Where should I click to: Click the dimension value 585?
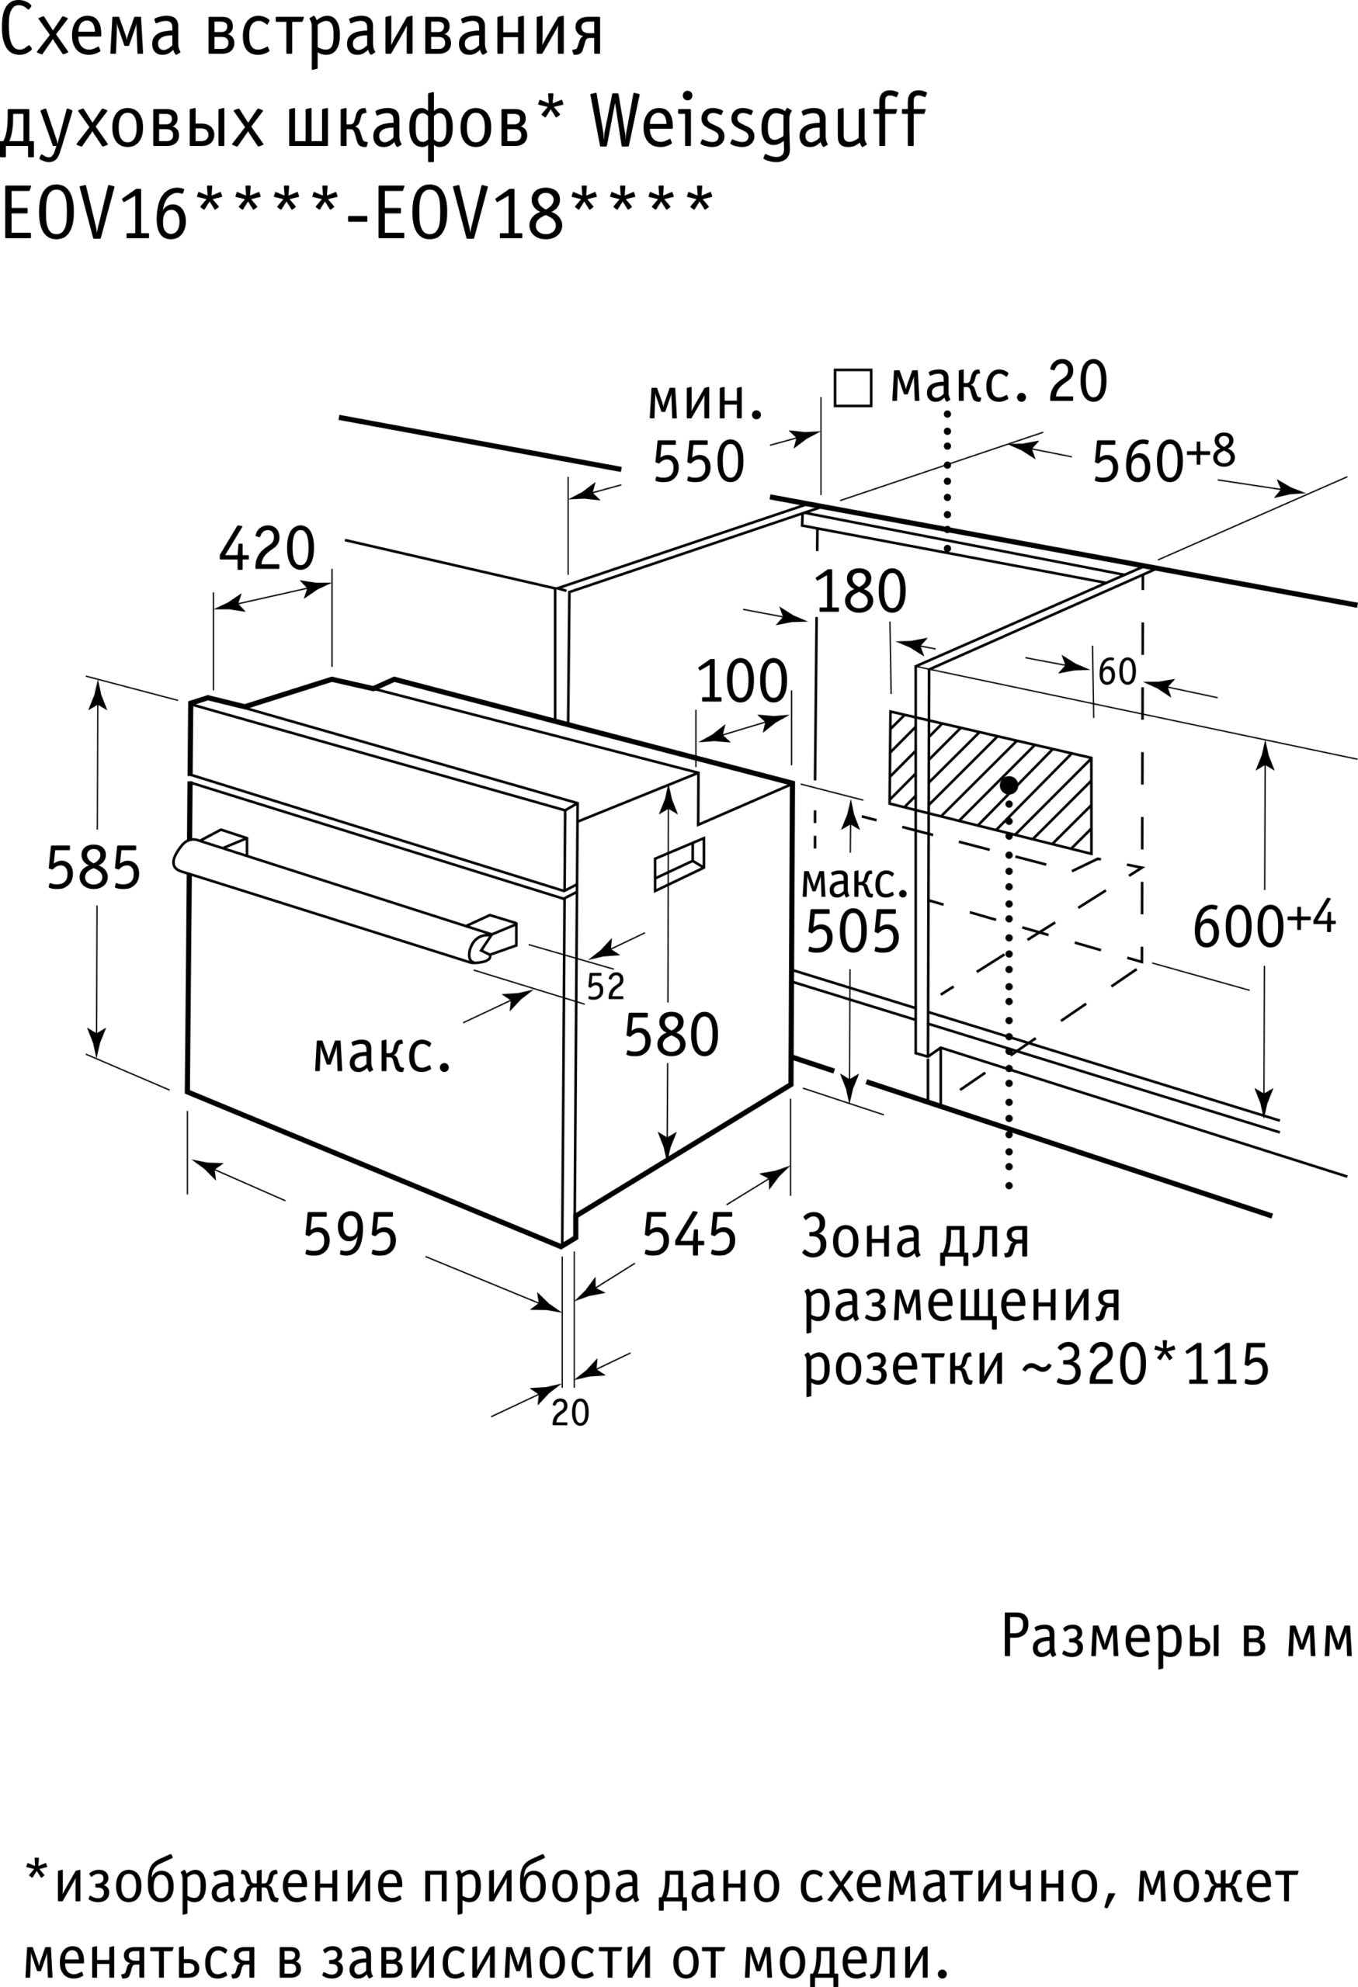pos(93,869)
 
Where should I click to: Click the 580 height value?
pos(672,1035)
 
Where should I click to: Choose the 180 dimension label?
pos(860,591)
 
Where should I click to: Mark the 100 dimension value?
pos(742,681)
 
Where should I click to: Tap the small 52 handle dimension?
pos(606,987)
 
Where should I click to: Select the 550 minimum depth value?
pos(699,462)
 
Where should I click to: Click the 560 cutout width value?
pos(1138,462)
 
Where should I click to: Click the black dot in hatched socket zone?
pos(1009,785)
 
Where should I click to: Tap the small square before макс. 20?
pos(853,388)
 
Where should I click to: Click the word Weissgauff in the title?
pos(759,121)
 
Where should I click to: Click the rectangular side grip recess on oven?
pos(680,865)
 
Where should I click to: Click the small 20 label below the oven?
pos(571,1413)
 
